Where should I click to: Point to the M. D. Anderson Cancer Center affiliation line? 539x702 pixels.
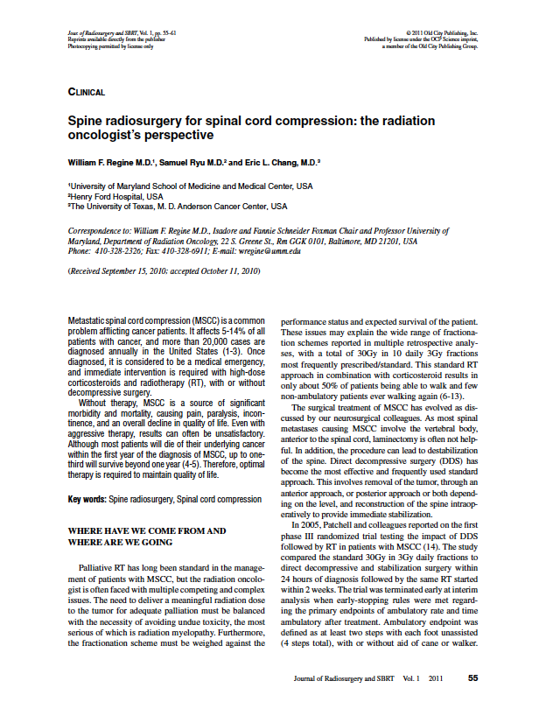click(177, 207)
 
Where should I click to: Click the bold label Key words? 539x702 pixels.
click(87, 499)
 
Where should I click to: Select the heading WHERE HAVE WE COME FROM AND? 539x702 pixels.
click(147, 530)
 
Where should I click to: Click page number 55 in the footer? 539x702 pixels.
click(472, 677)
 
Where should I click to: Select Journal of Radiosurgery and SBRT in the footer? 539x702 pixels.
click(347, 677)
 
